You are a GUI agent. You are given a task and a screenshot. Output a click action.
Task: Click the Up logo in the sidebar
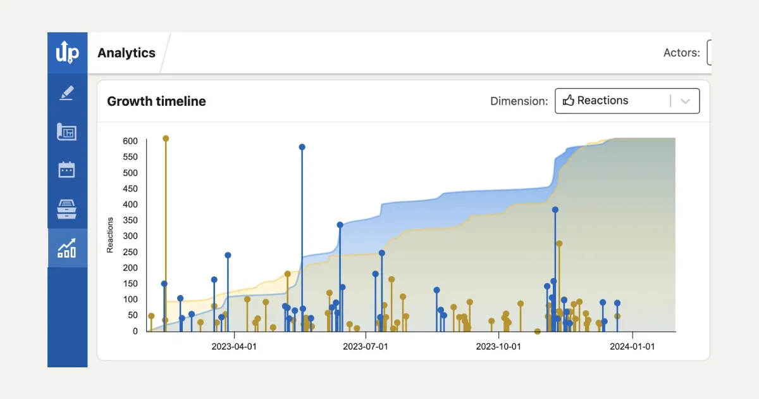tap(67, 53)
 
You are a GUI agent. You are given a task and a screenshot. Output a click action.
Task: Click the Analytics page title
tap(126, 53)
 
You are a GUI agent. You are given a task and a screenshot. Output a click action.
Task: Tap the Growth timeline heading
tap(156, 101)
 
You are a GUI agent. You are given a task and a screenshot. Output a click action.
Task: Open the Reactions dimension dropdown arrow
tap(685, 101)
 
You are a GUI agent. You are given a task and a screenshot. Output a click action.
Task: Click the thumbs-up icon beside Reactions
tap(568, 101)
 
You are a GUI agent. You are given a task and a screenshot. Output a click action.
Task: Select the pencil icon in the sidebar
tap(67, 93)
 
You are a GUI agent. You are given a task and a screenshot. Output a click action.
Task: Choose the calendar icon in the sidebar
tap(67, 170)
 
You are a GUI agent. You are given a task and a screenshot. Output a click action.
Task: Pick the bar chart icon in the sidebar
tap(67, 248)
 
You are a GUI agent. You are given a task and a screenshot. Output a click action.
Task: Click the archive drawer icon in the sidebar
tap(67, 208)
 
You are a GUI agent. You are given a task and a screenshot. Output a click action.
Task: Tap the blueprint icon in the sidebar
tap(67, 132)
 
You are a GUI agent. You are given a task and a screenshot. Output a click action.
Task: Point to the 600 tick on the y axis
tap(130, 141)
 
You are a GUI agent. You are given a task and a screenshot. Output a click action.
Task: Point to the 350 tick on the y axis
tap(130, 220)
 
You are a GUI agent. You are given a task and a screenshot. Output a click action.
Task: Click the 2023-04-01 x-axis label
tap(234, 346)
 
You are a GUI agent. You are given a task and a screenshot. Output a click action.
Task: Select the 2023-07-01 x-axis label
tap(366, 346)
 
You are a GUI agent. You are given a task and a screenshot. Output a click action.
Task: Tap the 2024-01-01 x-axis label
tap(632, 346)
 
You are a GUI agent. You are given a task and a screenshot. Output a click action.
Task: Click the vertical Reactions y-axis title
tap(110, 235)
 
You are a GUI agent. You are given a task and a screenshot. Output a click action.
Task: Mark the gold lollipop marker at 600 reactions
tap(166, 138)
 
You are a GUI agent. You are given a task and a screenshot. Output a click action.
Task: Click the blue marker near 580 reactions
tap(302, 147)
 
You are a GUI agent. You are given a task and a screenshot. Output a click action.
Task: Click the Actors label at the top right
tap(681, 53)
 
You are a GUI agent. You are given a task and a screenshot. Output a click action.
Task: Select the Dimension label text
tap(519, 101)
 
